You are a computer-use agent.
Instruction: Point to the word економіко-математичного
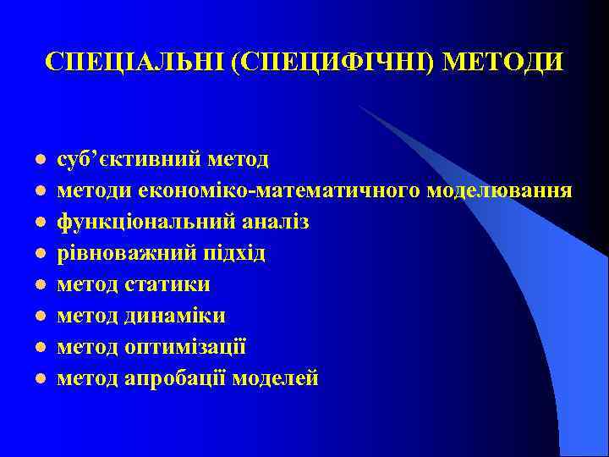tap(268, 190)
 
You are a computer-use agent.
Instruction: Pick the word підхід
tap(232, 253)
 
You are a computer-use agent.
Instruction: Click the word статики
tap(167, 284)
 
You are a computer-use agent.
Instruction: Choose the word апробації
tap(173, 378)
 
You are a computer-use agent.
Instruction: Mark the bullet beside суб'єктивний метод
tap(40, 161)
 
